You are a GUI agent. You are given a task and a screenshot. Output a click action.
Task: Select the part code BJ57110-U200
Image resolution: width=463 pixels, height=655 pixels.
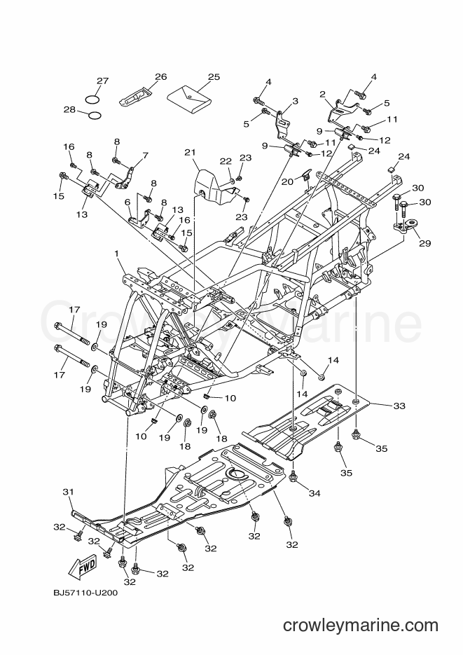tap(85, 593)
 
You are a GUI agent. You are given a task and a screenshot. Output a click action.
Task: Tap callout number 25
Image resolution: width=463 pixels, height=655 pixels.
tap(214, 77)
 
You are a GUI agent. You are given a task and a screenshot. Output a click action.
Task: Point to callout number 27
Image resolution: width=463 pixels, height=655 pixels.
tap(103, 81)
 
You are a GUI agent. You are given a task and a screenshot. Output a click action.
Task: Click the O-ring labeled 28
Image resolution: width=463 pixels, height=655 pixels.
tap(95, 115)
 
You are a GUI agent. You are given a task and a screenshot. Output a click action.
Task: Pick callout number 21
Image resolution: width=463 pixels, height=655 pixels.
tap(190, 153)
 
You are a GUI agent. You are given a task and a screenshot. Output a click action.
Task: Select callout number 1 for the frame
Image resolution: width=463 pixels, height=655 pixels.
tap(117, 254)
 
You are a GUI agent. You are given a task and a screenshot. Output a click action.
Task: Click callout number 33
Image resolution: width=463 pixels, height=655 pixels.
tap(399, 406)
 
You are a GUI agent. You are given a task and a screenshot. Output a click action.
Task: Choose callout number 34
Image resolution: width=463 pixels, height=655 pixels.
tap(315, 493)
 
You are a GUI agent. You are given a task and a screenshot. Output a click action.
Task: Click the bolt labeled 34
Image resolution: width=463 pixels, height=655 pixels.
tap(293, 478)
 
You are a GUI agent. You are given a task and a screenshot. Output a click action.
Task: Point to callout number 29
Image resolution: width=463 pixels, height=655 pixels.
tap(424, 243)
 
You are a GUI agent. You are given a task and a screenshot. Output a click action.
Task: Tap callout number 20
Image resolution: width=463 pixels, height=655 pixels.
tap(287, 181)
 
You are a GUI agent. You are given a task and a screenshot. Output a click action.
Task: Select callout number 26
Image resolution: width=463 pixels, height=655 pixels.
tap(160, 76)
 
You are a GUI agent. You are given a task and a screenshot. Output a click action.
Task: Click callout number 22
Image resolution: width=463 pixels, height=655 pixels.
tap(226, 161)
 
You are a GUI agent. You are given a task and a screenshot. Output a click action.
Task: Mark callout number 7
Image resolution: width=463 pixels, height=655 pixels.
tap(145, 156)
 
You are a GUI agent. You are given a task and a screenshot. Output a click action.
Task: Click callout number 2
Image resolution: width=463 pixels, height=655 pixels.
tap(322, 95)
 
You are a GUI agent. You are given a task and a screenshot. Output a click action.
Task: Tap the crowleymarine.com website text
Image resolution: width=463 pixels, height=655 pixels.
tap(361, 626)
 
